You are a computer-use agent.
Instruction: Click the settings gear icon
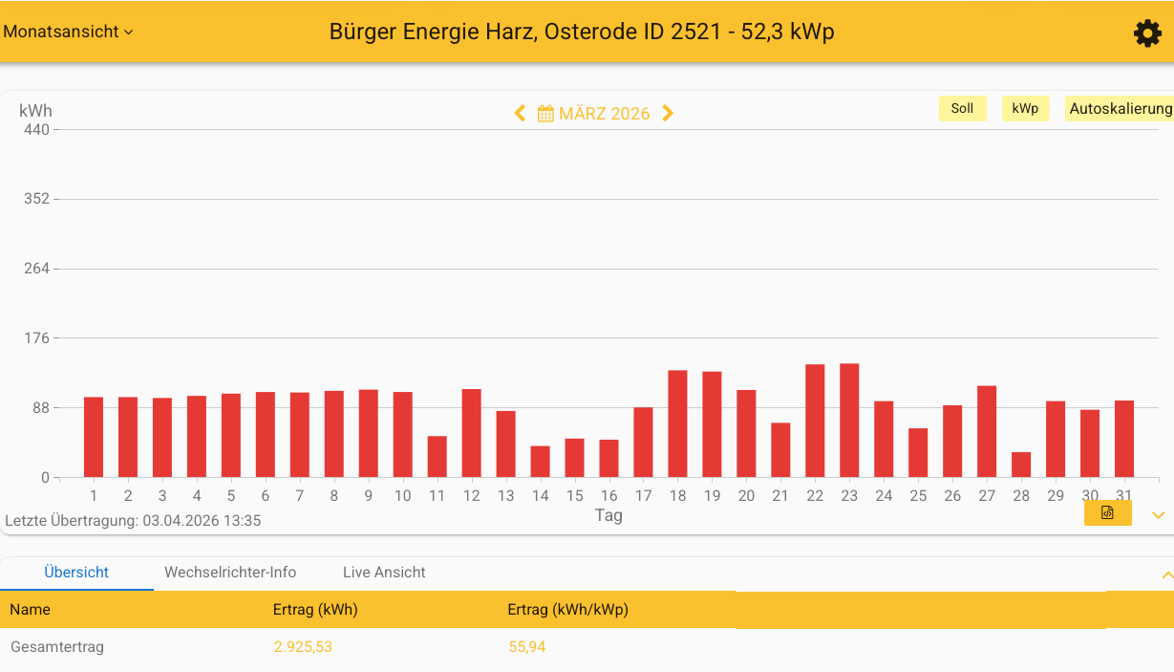point(1146,33)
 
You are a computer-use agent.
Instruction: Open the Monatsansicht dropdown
point(68,32)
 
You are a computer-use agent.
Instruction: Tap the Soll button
point(962,108)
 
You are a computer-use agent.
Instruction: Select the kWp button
point(1025,108)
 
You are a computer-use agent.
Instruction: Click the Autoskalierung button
point(1120,108)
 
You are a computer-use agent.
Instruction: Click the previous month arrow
point(520,113)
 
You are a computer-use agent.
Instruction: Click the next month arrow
point(668,113)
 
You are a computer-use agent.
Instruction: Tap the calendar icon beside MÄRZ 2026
point(545,114)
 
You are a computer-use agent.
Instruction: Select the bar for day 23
point(849,421)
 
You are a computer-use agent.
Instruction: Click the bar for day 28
point(1021,465)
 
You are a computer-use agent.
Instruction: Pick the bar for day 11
point(437,457)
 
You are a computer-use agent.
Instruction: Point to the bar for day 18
point(677,423)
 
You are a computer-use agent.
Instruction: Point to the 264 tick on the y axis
point(37,269)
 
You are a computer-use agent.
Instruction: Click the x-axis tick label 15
point(574,495)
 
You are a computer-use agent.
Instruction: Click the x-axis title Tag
point(608,515)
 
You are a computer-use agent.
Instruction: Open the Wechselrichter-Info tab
point(230,573)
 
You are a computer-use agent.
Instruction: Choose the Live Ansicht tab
point(384,573)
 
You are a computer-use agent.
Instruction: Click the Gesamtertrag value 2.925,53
point(303,647)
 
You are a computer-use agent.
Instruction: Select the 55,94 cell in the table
point(527,647)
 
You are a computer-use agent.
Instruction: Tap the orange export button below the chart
point(1107,513)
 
